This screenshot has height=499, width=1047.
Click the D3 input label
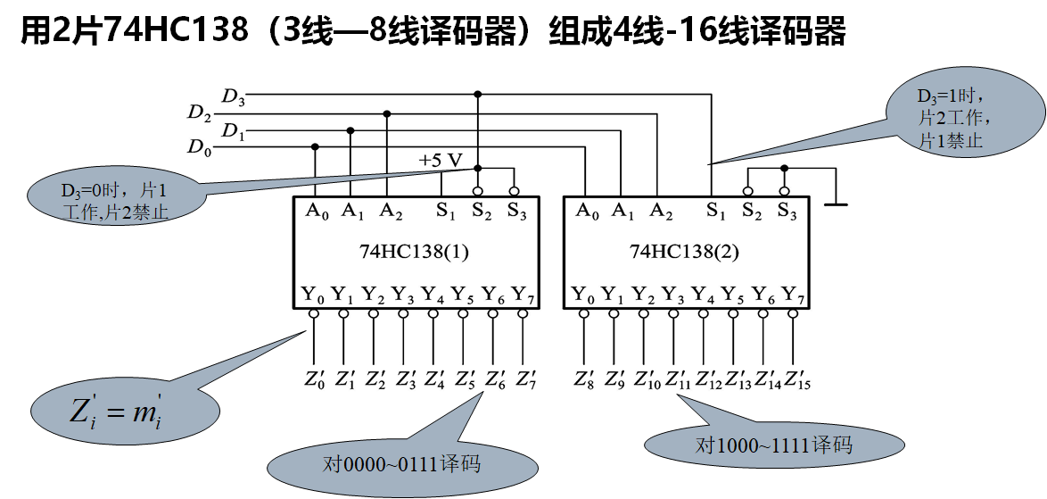(234, 96)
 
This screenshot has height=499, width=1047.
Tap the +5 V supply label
(441, 161)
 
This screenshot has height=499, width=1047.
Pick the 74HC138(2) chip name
(684, 252)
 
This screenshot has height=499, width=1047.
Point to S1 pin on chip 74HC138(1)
(445, 212)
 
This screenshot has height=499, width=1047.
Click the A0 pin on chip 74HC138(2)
(587, 212)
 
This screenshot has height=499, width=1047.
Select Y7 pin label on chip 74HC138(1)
(523, 294)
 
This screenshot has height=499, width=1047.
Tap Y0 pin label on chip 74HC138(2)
(583, 294)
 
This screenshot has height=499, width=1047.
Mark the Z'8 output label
(584, 378)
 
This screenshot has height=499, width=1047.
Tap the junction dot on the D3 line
(478, 94)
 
